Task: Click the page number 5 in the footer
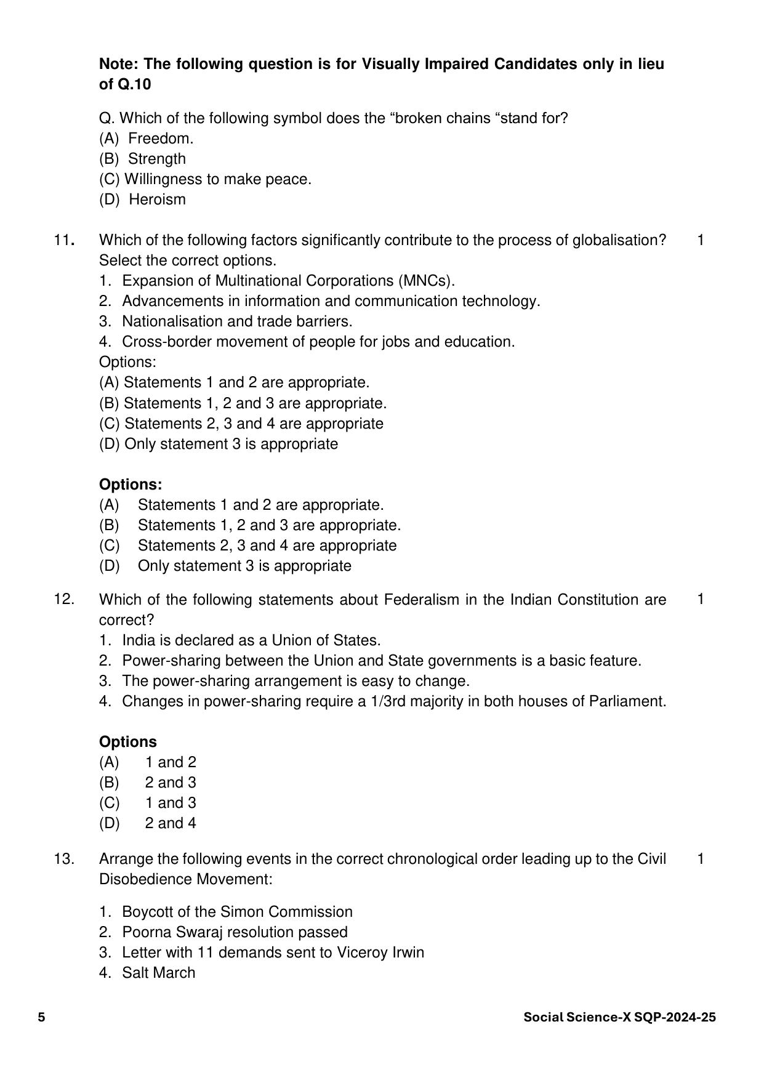(41, 1017)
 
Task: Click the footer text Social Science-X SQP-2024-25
(619, 1017)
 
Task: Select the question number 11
(63, 240)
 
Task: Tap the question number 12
(64, 599)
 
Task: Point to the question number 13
(64, 858)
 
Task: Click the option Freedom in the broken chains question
(160, 139)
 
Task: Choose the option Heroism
(157, 199)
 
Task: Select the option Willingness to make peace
(217, 179)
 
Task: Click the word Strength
(156, 159)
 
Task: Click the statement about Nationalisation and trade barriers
(237, 321)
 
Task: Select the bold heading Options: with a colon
(131, 485)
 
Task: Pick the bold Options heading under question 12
(128, 742)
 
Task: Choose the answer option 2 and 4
(170, 823)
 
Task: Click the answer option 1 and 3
(170, 803)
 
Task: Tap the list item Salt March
(158, 973)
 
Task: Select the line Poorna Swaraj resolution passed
(235, 932)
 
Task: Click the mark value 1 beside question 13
(701, 858)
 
